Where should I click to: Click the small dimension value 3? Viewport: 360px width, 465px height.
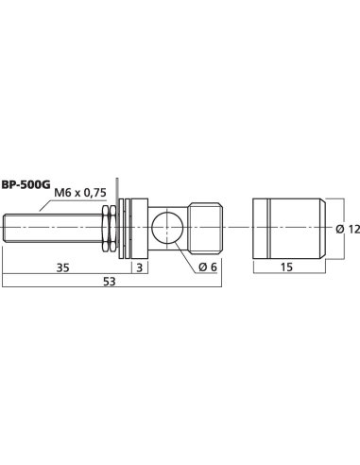pyautogui.click(x=139, y=267)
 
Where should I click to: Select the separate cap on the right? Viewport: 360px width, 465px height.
pyautogui.click(x=287, y=229)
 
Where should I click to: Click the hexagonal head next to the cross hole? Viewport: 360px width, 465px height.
pyautogui.click(x=205, y=228)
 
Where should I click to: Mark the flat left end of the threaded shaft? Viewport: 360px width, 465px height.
pyautogui.click(x=5, y=229)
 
